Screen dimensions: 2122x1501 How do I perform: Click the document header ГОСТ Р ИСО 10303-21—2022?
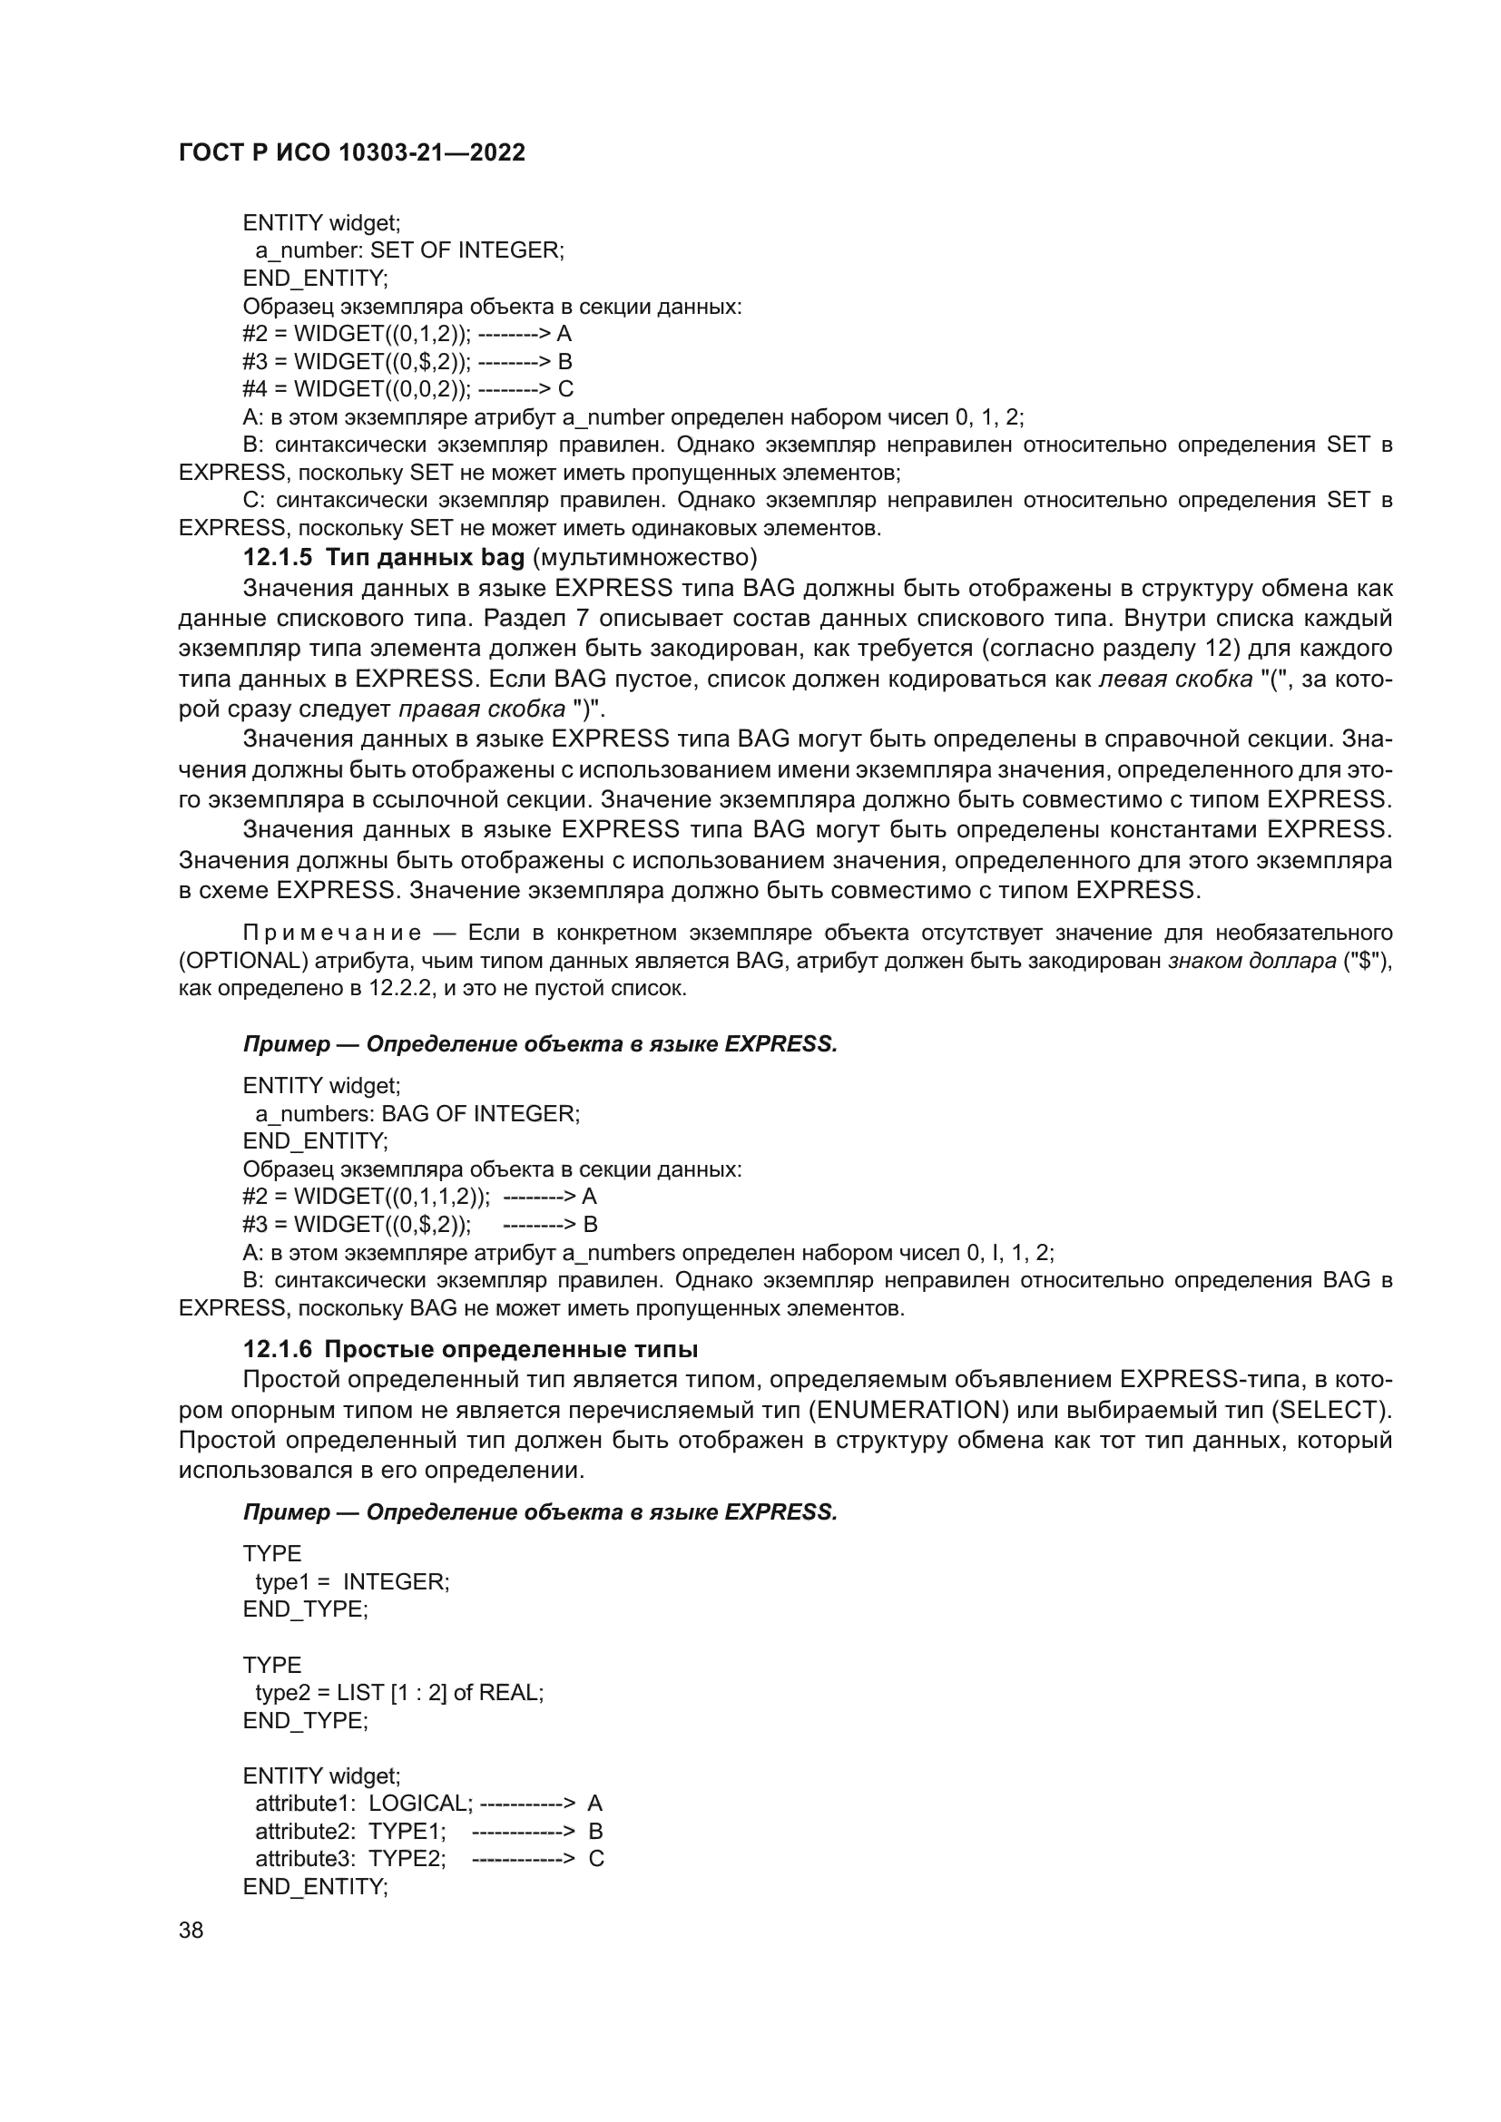tap(352, 152)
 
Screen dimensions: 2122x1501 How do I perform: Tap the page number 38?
tap(191, 1931)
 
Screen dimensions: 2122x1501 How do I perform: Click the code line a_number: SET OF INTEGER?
tap(409, 250)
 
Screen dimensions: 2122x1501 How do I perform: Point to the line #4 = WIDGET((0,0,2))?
tap(357, 389)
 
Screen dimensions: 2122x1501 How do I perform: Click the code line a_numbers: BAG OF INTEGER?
tap(417, 1114)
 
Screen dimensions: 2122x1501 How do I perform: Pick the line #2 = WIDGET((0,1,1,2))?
tap(367, 1197)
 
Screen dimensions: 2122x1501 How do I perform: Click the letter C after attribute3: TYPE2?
tap(596, 1859)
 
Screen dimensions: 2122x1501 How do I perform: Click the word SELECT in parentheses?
tap(1329, 1411)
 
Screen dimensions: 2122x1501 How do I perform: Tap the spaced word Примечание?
tap(332, 933)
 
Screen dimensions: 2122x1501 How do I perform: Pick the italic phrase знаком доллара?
tap(1252, 960)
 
